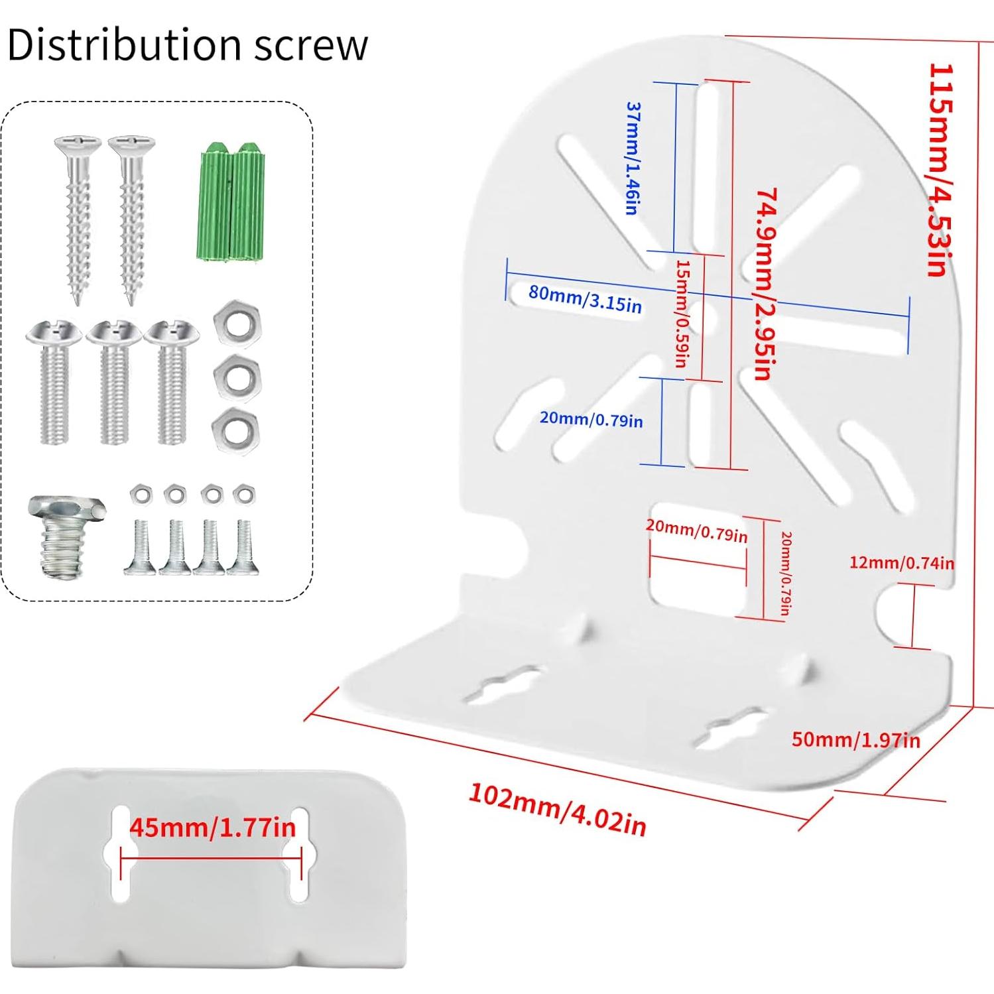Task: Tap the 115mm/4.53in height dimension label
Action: [940, 169]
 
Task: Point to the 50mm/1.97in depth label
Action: [855, 739]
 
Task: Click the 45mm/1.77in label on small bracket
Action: [212, 828]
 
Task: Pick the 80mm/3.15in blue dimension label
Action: [585, 298]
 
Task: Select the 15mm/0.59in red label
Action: [682, 313]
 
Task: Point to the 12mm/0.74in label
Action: [901, 563]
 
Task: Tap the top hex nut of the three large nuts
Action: [237, 324]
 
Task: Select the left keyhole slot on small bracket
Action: [121, 853]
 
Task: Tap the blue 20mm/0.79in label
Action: [591, 419]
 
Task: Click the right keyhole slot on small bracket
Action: [299, 853]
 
